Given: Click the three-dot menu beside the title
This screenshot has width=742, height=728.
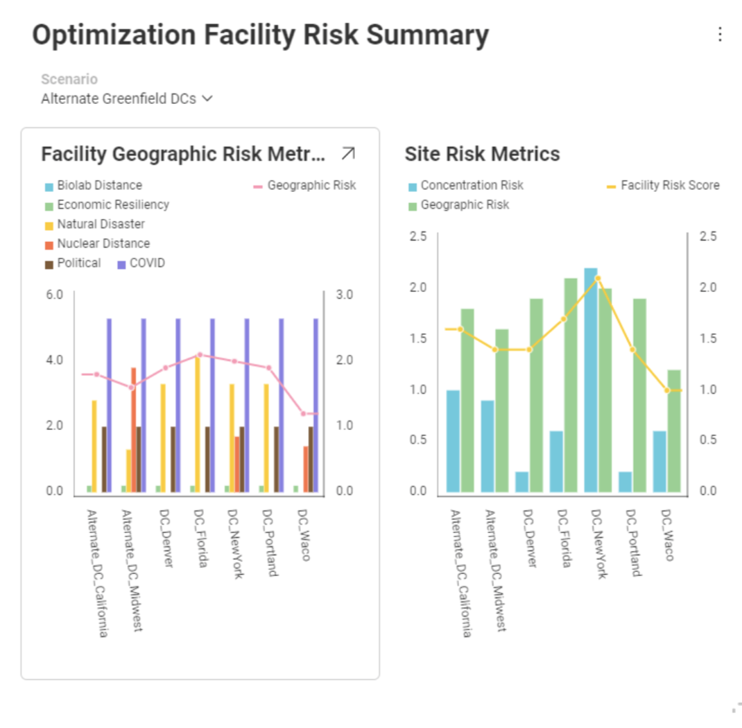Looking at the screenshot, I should pos(720,34).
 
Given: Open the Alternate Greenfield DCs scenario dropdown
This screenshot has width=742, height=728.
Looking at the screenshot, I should pos(126,98).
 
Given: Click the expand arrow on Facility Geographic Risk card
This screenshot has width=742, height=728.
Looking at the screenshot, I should pos(348,153).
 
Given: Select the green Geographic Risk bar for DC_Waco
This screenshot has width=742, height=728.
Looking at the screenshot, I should pos(674,431).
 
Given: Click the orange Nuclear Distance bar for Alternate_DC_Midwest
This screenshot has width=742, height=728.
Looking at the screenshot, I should pos(132,430).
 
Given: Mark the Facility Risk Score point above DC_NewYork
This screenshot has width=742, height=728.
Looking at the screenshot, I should pos(598,278).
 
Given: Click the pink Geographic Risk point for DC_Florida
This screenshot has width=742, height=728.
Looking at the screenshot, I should pos(200,354).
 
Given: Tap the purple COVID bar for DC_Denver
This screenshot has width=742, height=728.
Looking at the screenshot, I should pos(178,406).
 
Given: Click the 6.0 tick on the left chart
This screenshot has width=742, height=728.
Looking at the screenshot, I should pos(54,294).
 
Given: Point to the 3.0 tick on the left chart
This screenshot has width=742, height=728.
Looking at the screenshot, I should pos(345,294).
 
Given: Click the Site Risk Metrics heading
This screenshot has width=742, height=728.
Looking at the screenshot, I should pos(482,153).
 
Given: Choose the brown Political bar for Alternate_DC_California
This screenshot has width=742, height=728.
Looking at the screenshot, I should pos(104,459).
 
